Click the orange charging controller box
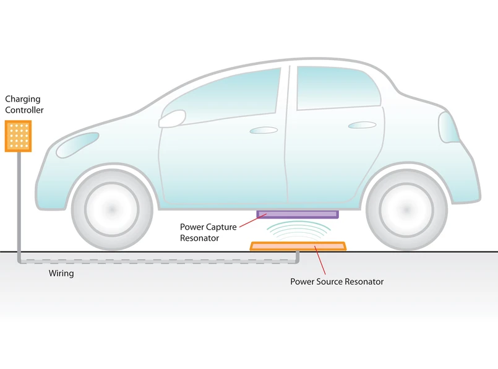point(18,136)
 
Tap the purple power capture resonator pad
point(298,215)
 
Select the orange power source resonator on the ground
point(298,246)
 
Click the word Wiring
point(61,273)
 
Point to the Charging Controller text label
point(24,104)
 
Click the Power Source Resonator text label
point(337,282)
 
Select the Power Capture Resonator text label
point(208,232)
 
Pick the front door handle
point(264,130)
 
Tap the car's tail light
point(448,128)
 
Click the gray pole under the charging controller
point(18,198)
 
